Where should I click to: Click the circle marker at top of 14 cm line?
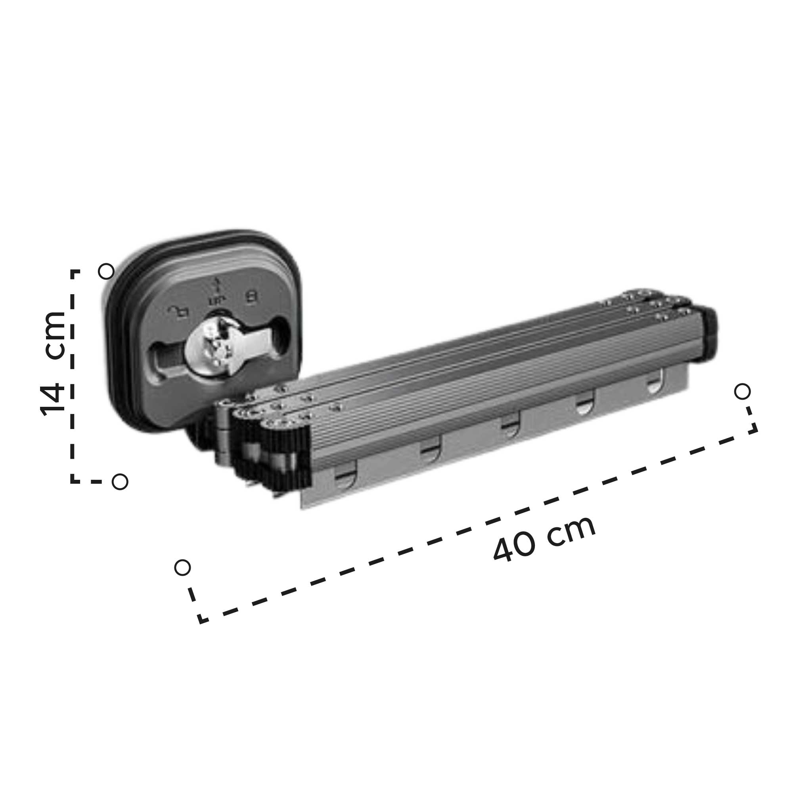pyautogui.click(x=106, y=271)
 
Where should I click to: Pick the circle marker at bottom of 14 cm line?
pyautogui.click(x=120, y=481)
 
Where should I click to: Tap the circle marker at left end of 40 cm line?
pyautogui.click(x=182, y=568)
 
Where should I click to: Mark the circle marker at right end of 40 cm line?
pyautogui.click(x=742, y=392)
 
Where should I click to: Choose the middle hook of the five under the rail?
pyautogui.click(x=510, y=427)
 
